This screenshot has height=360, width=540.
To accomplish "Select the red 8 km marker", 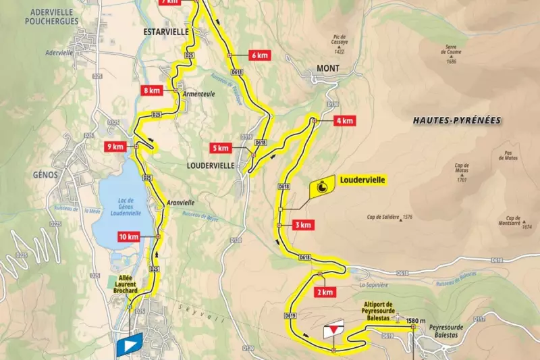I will click(x=151, y=90).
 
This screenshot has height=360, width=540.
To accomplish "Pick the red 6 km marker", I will click(x=259, y=55).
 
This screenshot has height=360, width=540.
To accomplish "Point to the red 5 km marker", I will click(x=221, y=148).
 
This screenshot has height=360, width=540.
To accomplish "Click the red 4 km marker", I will click(x=343, y=121).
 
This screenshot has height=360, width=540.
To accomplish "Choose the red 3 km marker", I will click(x=303, y=225).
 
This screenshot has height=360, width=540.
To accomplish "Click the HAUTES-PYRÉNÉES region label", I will click(x=456, y=120).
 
